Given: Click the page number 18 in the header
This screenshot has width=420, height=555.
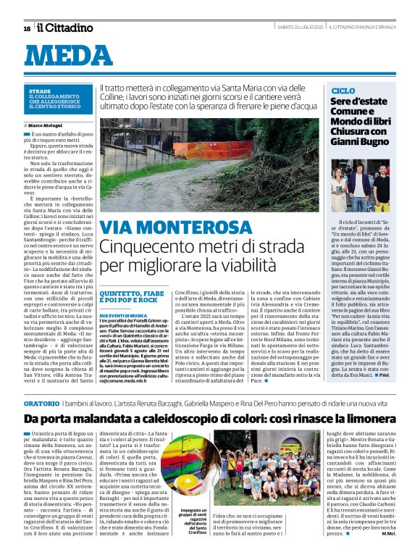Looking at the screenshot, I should (27, 28).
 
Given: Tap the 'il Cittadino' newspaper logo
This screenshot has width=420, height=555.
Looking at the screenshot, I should (65, 28).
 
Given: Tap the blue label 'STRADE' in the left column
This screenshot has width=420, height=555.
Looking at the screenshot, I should (40, 91).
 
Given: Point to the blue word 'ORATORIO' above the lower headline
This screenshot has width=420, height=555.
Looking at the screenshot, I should (43, 401).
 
